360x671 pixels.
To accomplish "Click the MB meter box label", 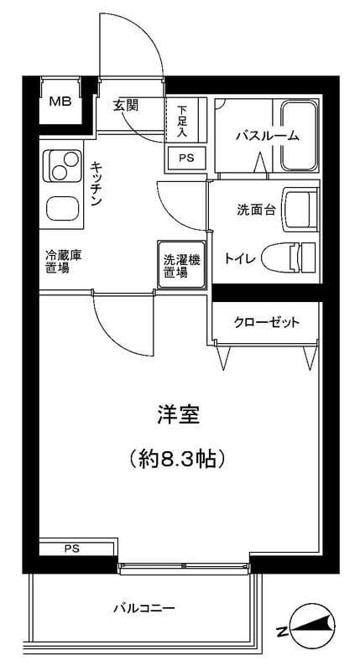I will pyautogui.click(x=59, y=102).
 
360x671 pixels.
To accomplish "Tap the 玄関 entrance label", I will pyautogui.click(x=127, y=105).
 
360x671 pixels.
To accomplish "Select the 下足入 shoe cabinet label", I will pyautogui.click(x=183, y=120).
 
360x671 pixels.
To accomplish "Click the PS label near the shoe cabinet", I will pyautogui.click(x=185, y=156).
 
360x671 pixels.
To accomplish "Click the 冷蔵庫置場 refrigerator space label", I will pyautogui.click(x=63, y=262).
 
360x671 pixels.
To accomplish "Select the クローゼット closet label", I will pyautogui.click(x=266, y=322).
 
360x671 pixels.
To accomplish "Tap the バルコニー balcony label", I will pyautogui.click(x=144, y=608).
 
